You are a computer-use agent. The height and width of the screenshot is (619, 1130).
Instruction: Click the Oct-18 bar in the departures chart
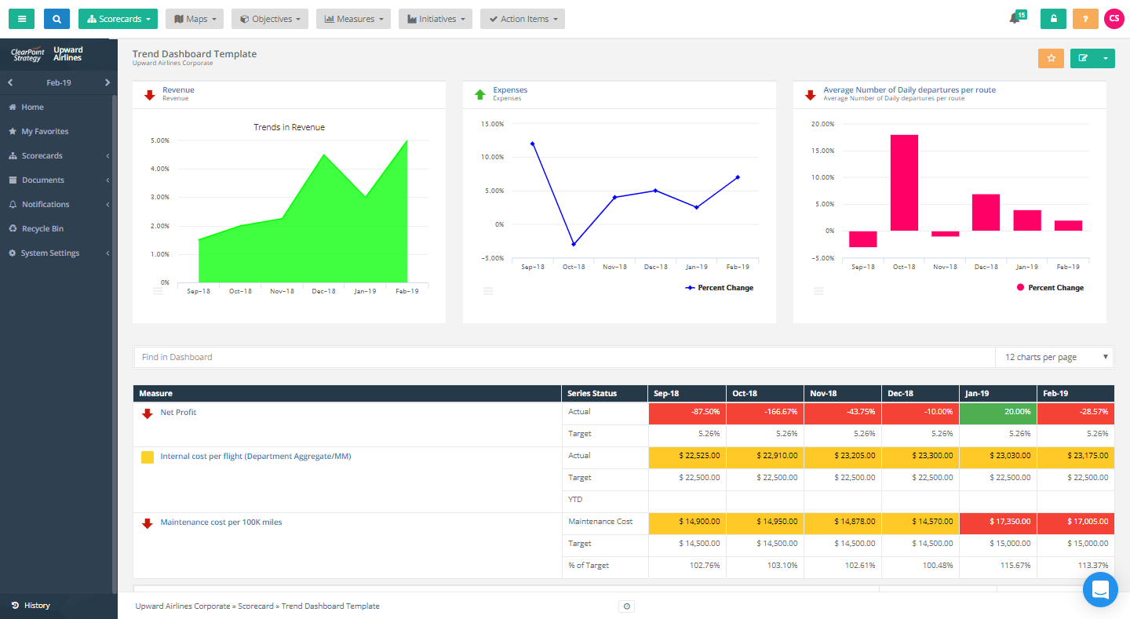(x=904, y=183)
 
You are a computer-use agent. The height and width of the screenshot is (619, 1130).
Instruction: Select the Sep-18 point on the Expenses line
(x=532, y=144)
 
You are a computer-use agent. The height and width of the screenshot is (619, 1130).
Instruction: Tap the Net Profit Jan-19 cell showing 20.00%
(x=997, y=412)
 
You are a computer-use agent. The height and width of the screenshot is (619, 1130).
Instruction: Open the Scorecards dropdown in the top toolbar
(x=118, y=19)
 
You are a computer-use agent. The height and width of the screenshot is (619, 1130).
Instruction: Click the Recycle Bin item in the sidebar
(x=42, y=229)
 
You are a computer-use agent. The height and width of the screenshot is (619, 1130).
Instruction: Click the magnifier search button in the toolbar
(x=56, y=19)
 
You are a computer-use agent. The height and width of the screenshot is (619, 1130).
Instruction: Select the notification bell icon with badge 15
(x=1015, y=19)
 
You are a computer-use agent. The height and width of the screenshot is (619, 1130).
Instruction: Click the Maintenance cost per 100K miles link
(x=221, y=523)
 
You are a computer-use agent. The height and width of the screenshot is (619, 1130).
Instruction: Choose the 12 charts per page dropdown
(x=1054, y=357)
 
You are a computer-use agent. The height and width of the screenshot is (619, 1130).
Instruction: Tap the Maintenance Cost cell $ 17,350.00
(x=997, y=522)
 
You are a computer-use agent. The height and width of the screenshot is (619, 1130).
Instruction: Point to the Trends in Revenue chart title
(x=289, y=127)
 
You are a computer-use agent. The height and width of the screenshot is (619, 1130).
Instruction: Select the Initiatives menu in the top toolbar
(x=435, y=19)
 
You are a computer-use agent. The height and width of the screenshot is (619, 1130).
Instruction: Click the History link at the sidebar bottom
(x=37, y=606)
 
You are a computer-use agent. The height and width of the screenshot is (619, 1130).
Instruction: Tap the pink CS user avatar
(x=1114, y=19)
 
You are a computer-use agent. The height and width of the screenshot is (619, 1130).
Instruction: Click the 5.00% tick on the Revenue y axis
(x=159, y=140)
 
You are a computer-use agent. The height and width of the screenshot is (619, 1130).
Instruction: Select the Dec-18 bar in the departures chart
(x=986, y=212)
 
